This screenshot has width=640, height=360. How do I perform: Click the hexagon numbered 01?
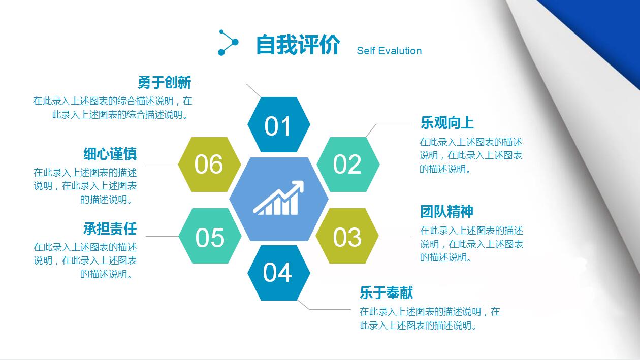[x=278, y=125]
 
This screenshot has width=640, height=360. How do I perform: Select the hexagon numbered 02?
[x=347, y=165]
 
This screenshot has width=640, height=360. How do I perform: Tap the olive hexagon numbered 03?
[x=347, y=236]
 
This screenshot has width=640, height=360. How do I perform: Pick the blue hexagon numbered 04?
[x=278, y=273]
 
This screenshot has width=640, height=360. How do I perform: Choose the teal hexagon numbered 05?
[x=210, y=236]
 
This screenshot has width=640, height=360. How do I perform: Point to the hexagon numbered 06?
[x=209, y=165]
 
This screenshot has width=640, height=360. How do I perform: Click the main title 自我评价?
[x=298, y=45]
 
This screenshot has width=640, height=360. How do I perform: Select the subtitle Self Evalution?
[x=389, y=51]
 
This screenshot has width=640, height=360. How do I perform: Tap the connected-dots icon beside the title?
[x=228, y=43]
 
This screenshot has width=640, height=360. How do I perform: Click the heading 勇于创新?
[x=164, y=82]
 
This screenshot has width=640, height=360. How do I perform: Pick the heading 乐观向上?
[x=447, y=123]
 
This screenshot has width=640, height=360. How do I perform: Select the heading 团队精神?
[x=447, y=211]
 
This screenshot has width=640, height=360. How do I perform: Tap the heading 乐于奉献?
[x=386, y=292]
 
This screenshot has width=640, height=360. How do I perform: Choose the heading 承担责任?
[x=110, y=228]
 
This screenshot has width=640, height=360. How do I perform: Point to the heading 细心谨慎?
[x=110, y=154]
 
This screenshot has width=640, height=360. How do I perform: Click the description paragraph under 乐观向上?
[x=471, y=155]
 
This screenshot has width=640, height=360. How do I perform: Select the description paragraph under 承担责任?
[x=85, y=260]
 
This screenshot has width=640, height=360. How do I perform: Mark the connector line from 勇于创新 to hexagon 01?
[x=229, y=84]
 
